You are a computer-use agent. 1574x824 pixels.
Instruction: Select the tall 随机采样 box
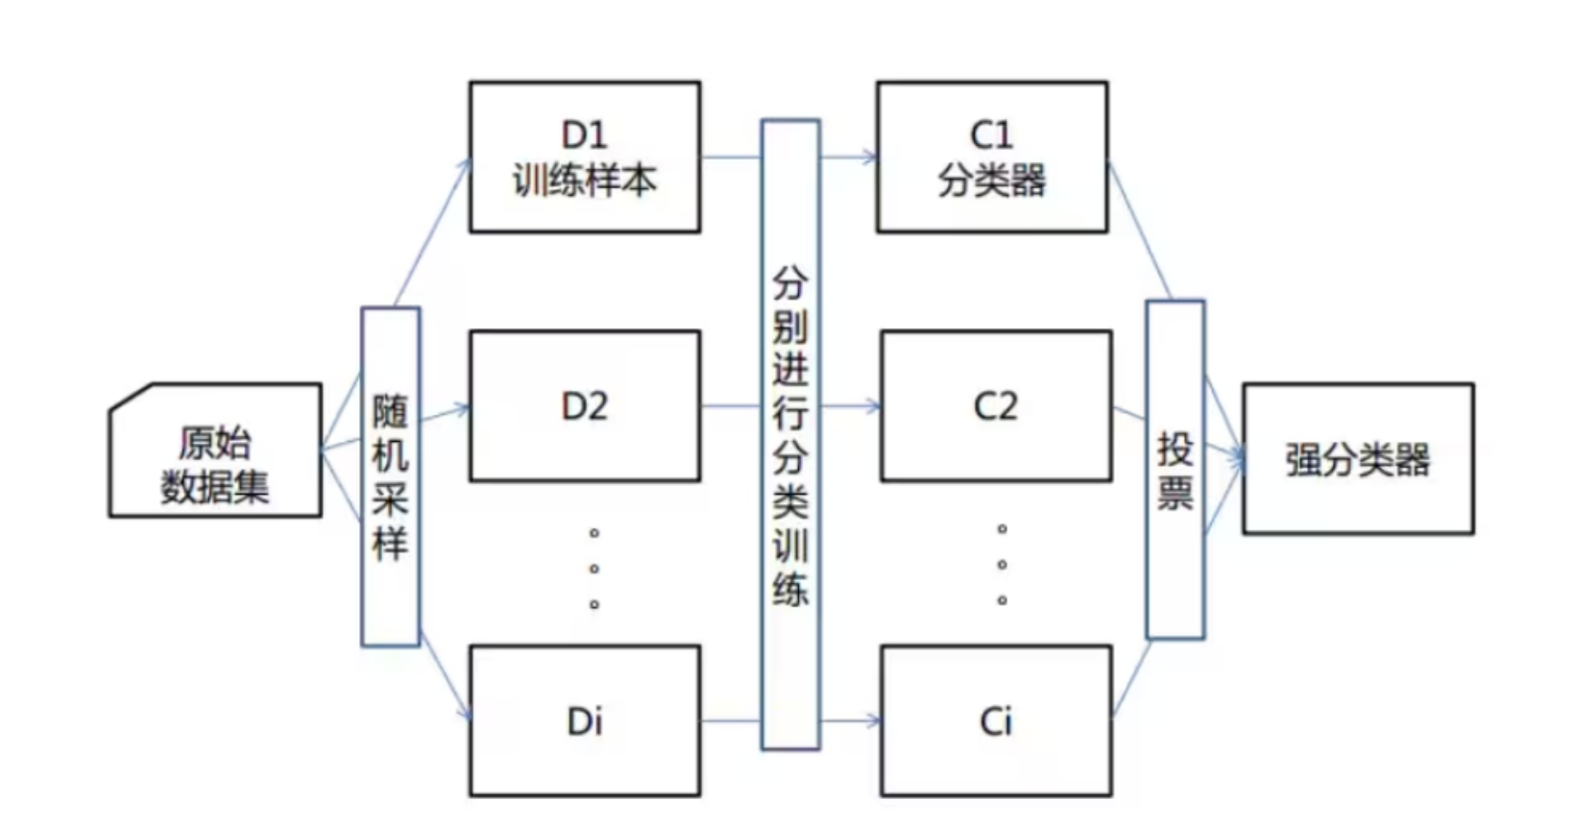pos(390,476)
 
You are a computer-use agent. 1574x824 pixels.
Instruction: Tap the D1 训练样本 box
pos(584,157)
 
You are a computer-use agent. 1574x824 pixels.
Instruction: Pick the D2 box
pos(584,406)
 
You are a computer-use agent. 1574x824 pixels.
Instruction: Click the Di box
pos(584,720)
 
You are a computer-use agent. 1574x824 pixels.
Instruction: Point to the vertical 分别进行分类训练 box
pos(790,434)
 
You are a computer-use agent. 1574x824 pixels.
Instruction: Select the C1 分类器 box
pos(991,157)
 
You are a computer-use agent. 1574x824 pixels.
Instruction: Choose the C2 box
pos(996,406)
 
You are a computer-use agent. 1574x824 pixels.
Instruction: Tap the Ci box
pos(996,720)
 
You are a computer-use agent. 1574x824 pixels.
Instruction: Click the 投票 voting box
pos(1174,470)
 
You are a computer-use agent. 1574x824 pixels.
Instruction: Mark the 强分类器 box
pos(1357,459)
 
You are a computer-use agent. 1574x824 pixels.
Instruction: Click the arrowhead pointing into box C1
pos(870,158)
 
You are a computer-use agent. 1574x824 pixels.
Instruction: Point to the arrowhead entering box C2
pos(874,406)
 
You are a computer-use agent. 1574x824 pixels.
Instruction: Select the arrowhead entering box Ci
pos(874,720)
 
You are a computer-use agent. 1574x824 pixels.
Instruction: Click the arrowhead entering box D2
pos(462,410)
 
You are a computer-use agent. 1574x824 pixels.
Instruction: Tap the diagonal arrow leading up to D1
pos(430,233)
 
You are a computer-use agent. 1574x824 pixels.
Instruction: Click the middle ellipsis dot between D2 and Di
pos(594,569)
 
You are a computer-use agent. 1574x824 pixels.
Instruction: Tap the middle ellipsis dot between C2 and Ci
pos(1002,565)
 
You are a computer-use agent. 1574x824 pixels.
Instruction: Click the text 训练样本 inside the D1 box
pos(584,181)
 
